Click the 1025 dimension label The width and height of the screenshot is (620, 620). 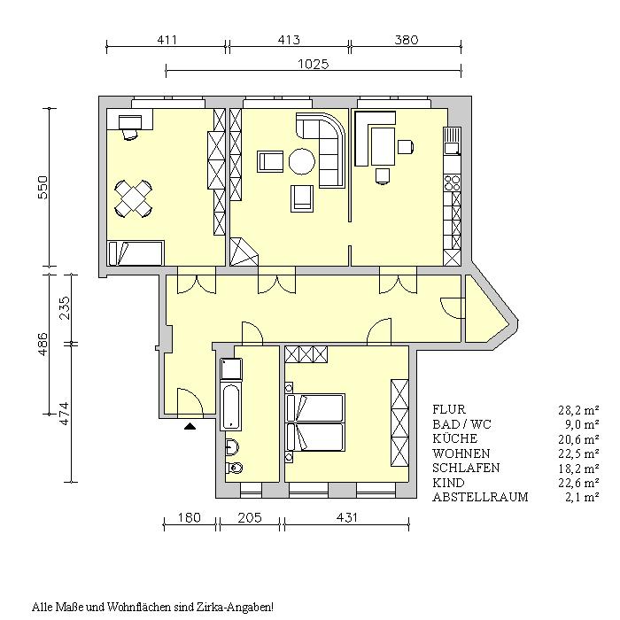(314, 64)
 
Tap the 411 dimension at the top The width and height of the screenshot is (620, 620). (167, 40)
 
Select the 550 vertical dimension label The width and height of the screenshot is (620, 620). (43, 188)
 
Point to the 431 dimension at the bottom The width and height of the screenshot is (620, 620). (347, 517)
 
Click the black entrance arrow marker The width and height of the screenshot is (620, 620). (190, 426)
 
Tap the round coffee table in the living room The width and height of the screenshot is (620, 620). (302, 161)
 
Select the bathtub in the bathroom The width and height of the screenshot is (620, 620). (231, 407)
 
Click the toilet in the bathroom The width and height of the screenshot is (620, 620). (234, 469)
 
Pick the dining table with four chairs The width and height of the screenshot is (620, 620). (134, 198)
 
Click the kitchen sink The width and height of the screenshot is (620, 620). (452, 141)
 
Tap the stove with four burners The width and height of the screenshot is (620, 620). (453, 183)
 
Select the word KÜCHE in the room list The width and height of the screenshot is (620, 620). (454, 439)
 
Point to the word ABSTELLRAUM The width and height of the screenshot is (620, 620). (480, 497)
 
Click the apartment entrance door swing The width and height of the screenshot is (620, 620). (190, 402)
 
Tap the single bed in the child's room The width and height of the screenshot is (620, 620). (136, 253)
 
